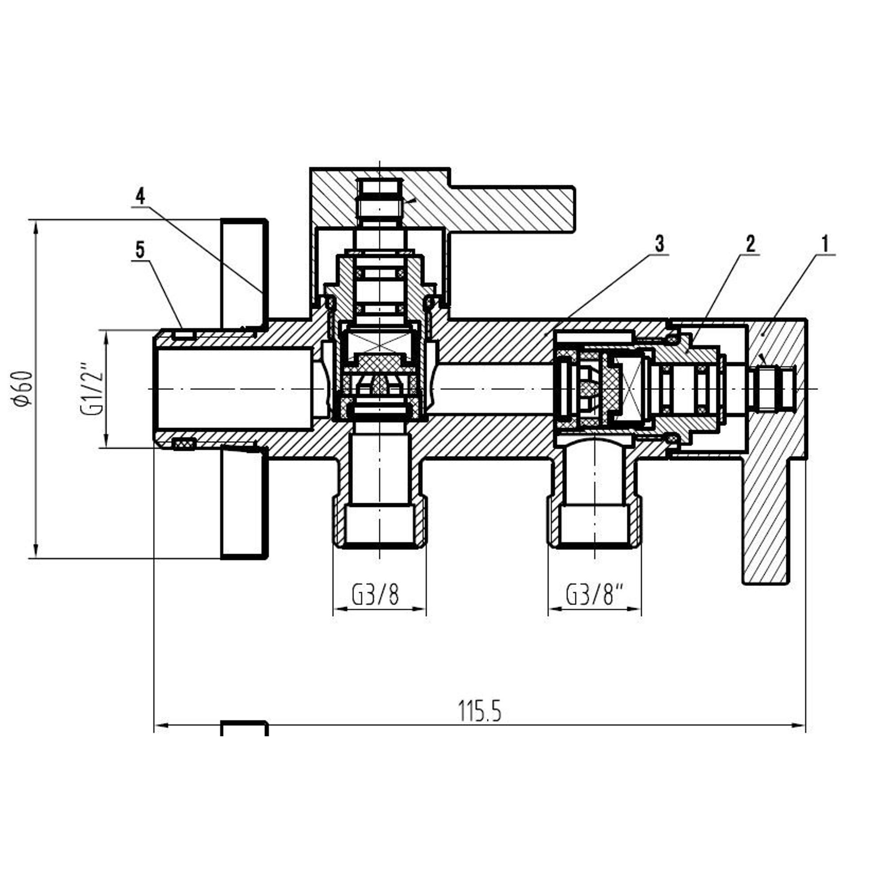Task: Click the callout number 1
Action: point(825,244)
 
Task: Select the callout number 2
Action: point(750,244)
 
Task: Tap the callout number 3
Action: point(660,244)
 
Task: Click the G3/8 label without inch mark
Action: point(376,595)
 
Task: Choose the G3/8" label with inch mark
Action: point(596,595)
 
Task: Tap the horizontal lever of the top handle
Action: point(511,209)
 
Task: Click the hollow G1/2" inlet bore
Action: point(234,389)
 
